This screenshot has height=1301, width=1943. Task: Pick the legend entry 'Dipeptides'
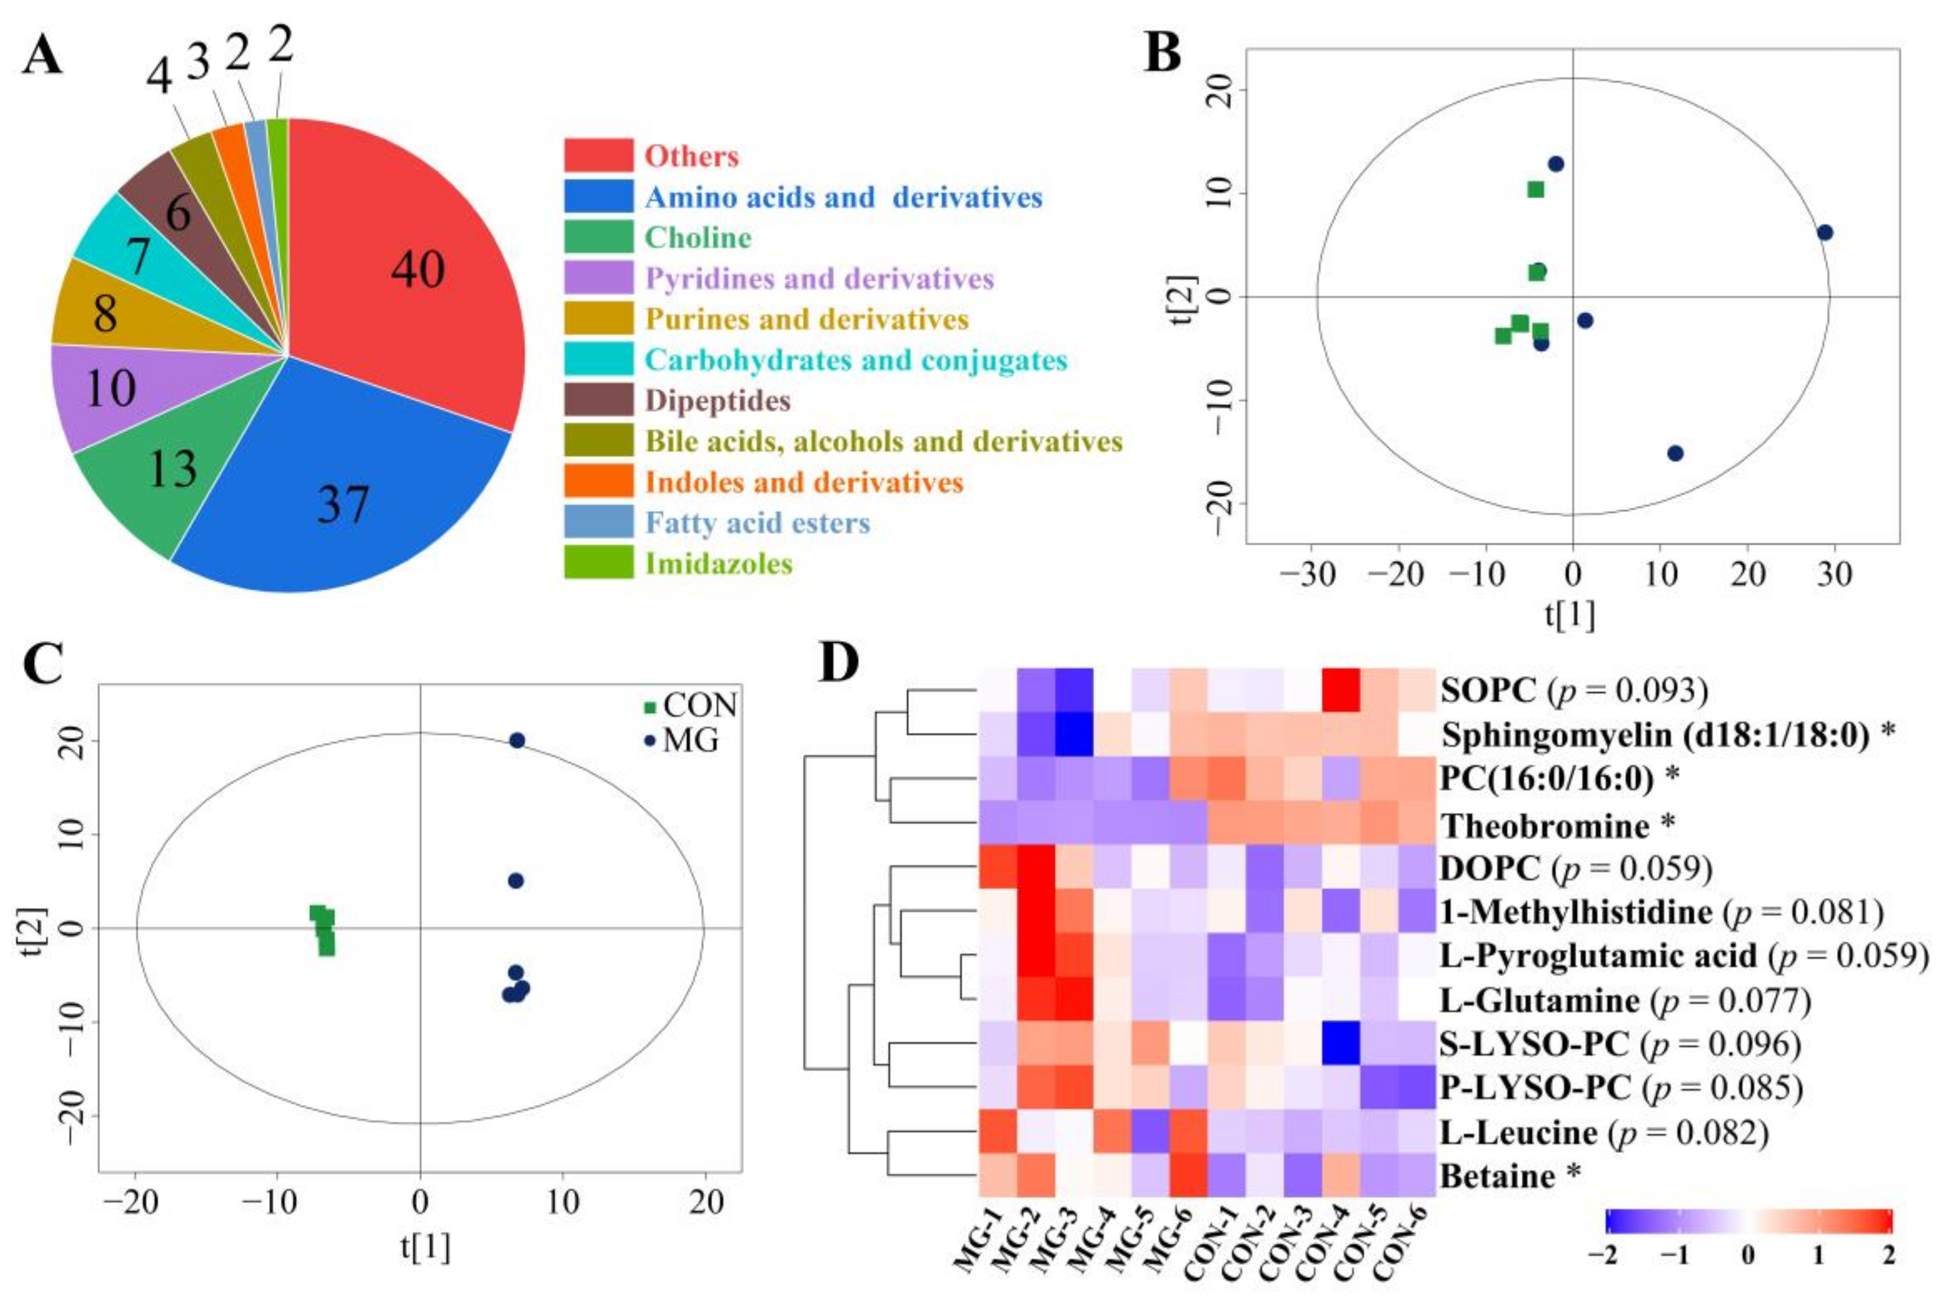click(718, 401)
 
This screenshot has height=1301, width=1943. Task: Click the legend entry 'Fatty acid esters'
click(757, 523)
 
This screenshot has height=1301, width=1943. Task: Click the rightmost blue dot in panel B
click(1825, 232)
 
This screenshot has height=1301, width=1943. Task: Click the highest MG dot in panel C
click(517, 740)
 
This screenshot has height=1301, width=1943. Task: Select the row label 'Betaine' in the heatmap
click(1498, 1176)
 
